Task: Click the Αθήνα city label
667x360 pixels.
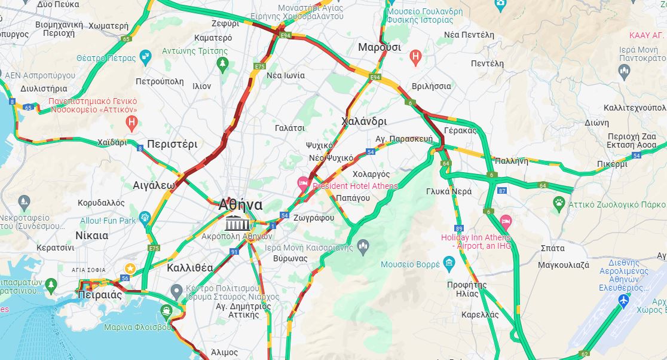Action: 240,205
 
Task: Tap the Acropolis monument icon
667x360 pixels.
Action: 237,223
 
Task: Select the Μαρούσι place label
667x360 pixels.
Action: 379,47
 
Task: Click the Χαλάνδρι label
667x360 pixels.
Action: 363,121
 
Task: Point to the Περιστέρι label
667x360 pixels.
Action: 172,144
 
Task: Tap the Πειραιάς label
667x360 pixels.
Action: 99,295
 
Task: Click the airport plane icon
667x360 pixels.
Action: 625,299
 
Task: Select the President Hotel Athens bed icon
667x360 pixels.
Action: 304,182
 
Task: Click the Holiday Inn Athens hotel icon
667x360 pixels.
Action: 506,222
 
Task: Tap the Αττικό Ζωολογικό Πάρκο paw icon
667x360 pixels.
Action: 559,202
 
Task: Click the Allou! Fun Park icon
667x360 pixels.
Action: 144,218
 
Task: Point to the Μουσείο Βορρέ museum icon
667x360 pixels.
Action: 449,264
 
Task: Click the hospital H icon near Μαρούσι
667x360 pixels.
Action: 415,58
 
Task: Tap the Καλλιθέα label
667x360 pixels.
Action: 189,267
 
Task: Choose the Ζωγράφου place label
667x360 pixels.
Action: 314,218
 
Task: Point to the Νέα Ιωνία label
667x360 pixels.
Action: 286,75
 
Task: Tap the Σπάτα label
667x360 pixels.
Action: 552,247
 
